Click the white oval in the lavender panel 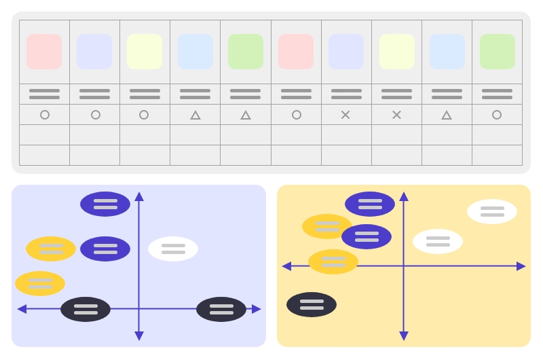tap(173, 249)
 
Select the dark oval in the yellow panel tap(312, 304)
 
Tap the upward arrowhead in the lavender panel tap(139, 197)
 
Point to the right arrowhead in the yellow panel tap(521, 266)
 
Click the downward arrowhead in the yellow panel tap(404, 336)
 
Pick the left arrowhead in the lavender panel tap(22, 309)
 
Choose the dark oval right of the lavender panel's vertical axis tap(221, 309)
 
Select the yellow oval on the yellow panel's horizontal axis tap(333, 262)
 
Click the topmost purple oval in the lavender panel tap(105, 204)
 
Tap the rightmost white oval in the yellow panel tap(492, 211)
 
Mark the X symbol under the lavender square tap(345, 115)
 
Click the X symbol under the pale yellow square tap(396, 115)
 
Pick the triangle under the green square tap(246, 115)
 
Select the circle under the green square tap(497, 115)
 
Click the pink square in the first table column tap(44, 52)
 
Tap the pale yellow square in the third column tap(145, 52)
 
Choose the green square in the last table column tap(497, 52)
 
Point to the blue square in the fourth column tap(195, 52)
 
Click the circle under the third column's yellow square tap(144, 115)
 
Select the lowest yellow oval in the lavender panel tap(40, 283)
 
